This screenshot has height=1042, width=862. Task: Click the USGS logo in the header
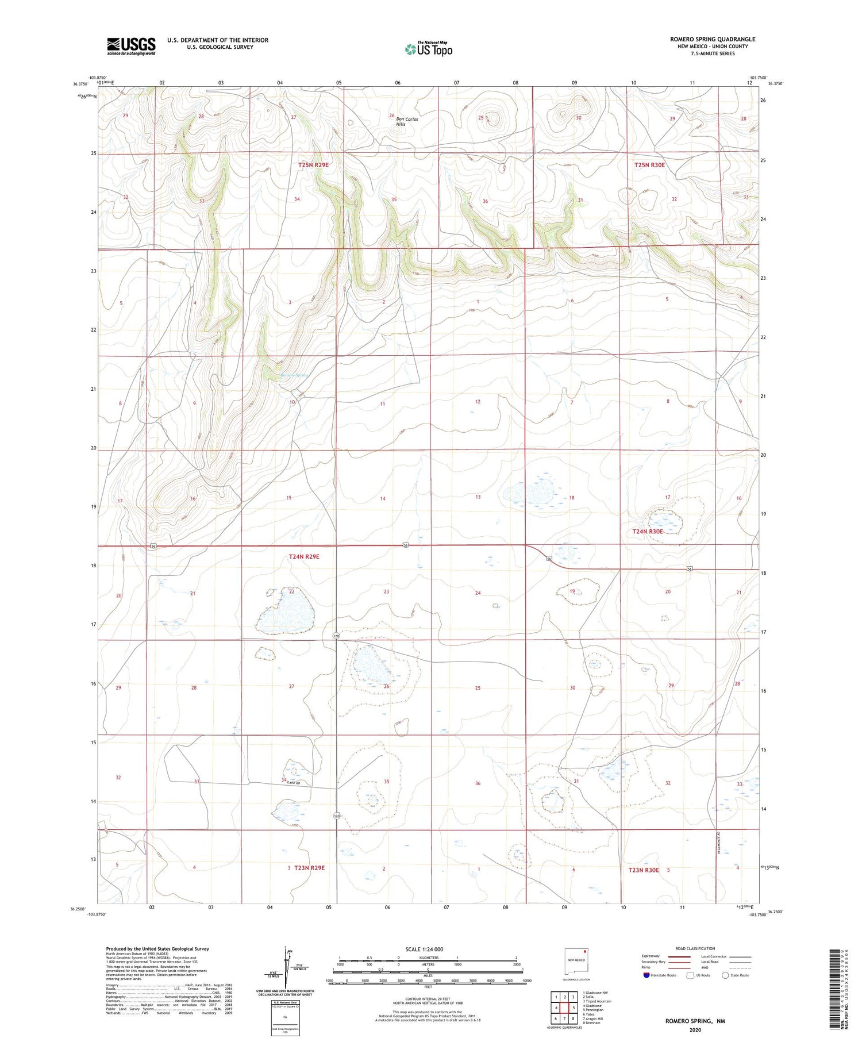pos(131,46)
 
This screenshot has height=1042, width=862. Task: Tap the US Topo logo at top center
pos(428,49)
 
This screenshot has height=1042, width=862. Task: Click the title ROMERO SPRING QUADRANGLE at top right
pos(712,39)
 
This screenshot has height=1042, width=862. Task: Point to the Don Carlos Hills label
pos(408,121)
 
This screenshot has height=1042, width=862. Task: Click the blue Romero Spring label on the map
pos(294,375)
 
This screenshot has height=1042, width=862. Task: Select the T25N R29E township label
pos(313,165)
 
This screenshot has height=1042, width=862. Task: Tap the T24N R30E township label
pos(648,532)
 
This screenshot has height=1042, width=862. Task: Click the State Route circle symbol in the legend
pos(725,975)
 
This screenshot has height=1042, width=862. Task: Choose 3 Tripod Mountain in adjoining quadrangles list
pos(597,1001)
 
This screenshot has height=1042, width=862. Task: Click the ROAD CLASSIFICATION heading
pos(695,949)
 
